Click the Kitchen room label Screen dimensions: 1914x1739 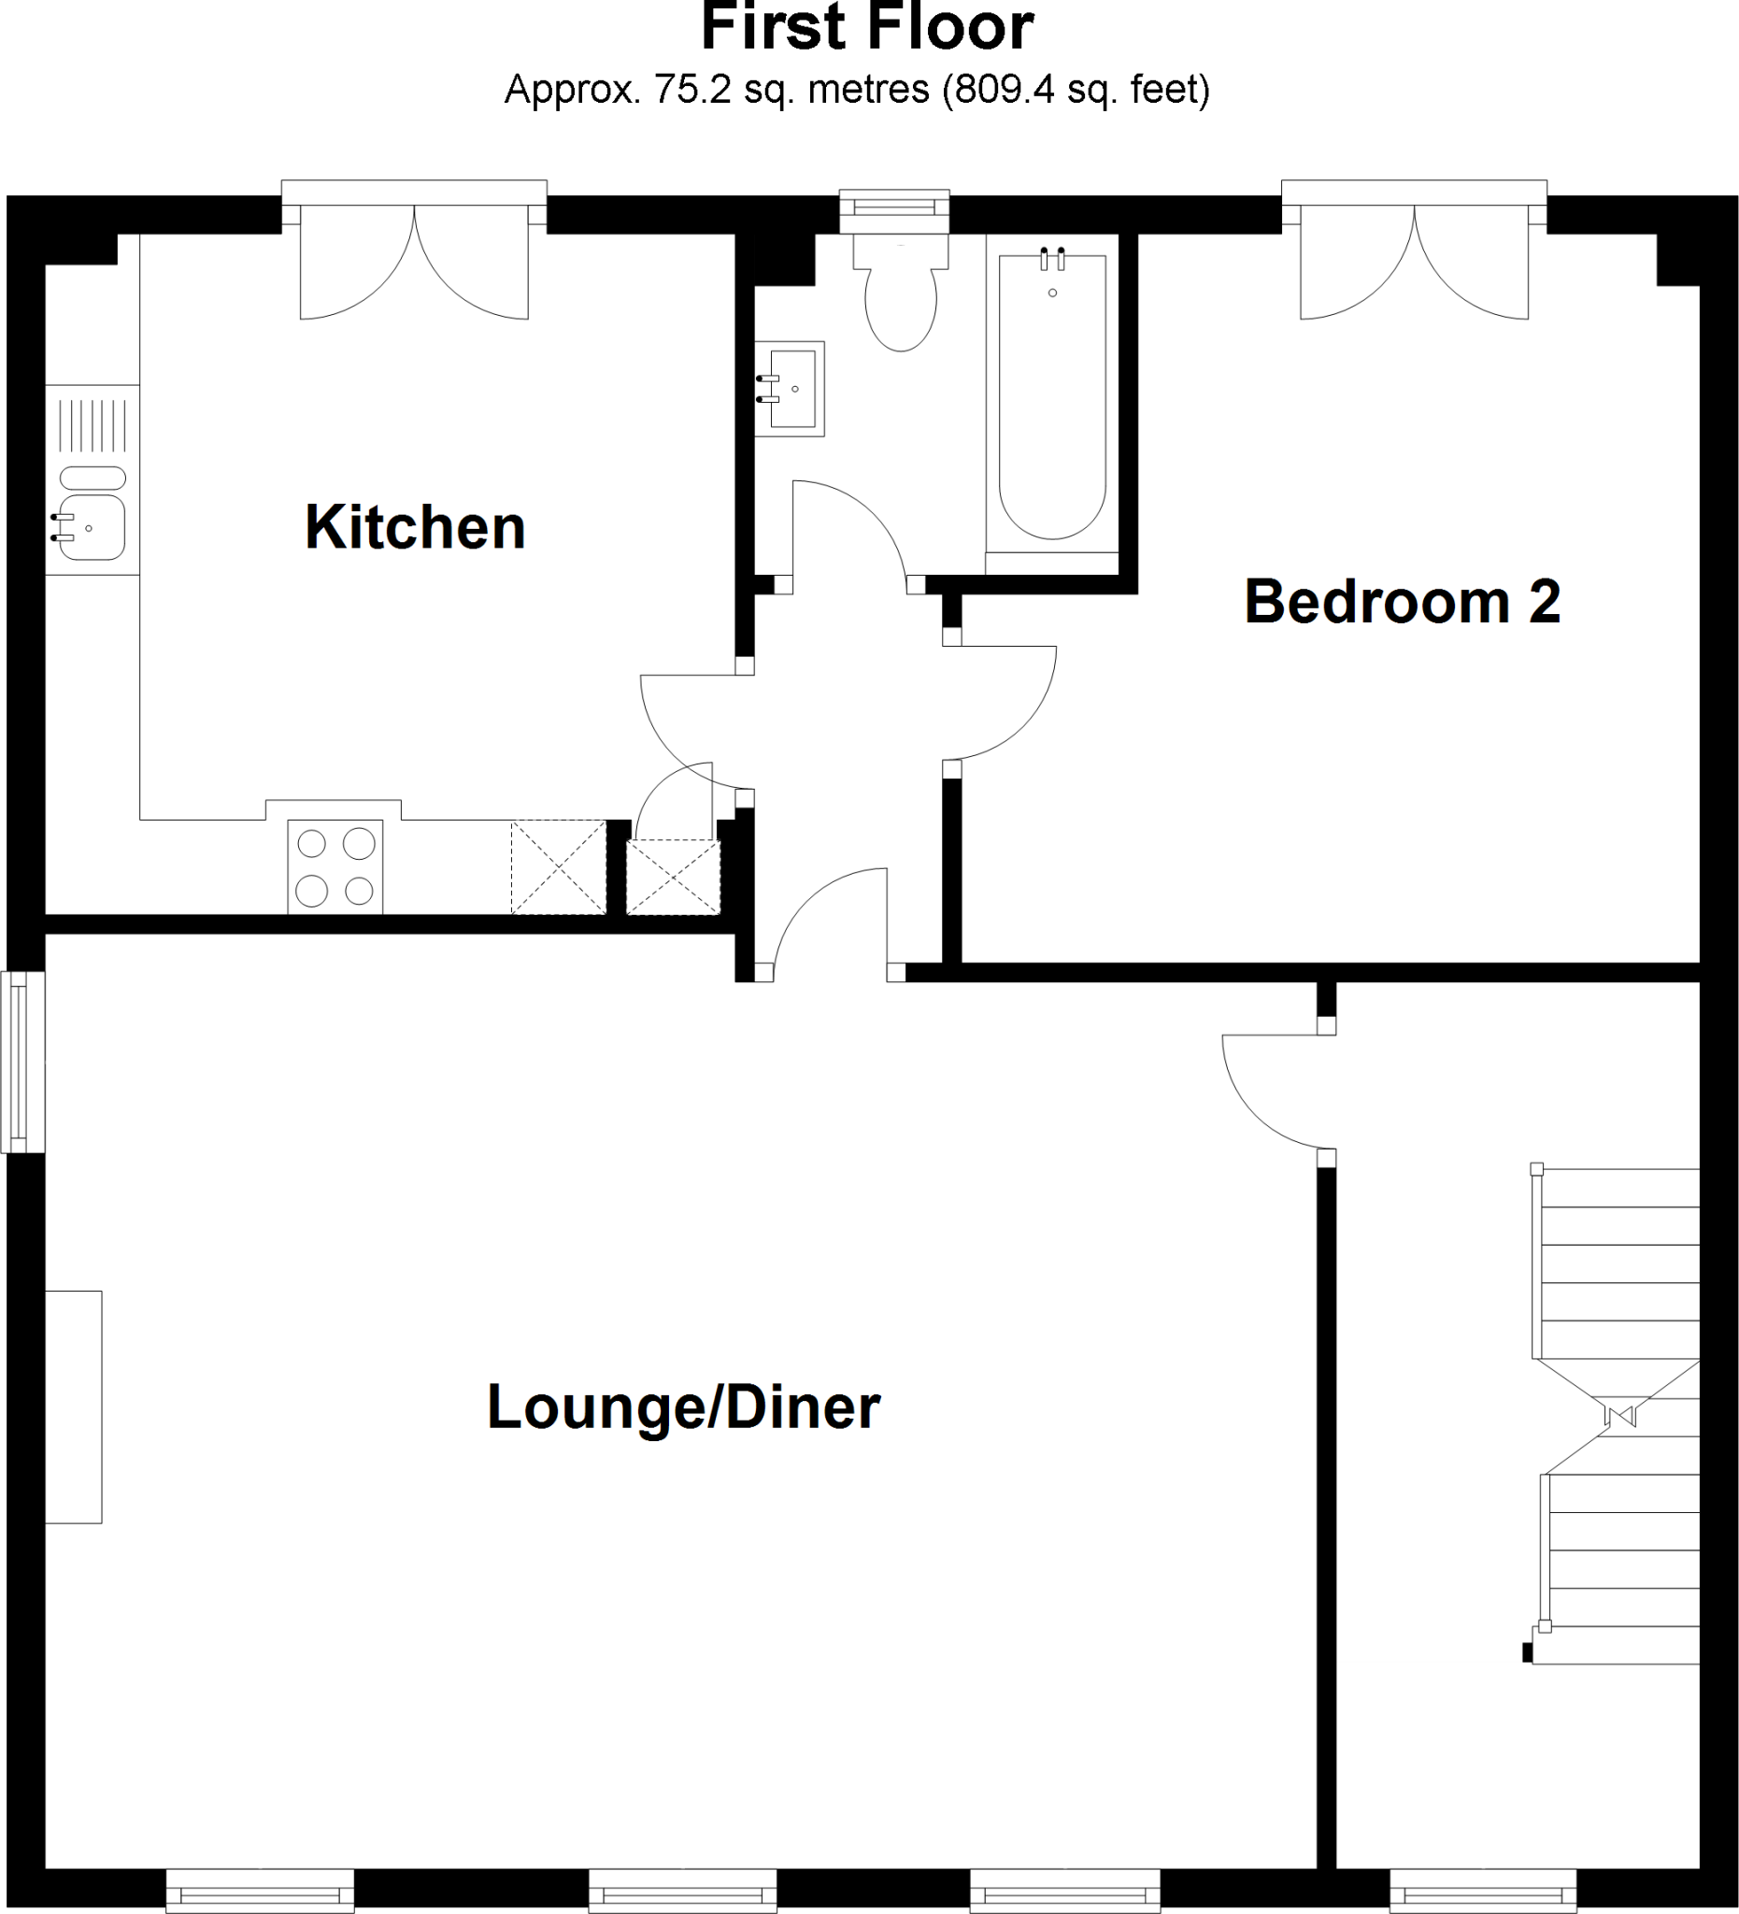[415, 528]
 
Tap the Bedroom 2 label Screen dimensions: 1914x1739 [1402, 602]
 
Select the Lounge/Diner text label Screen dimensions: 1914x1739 [683, 1407]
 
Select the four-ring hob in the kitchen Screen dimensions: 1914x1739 [335, 866]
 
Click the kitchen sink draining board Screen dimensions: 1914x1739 [93, 425]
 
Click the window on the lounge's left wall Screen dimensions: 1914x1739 [21, 1061]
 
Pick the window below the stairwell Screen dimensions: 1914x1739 [1483, 1891]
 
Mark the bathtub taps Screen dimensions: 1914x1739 [1052, 258]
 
